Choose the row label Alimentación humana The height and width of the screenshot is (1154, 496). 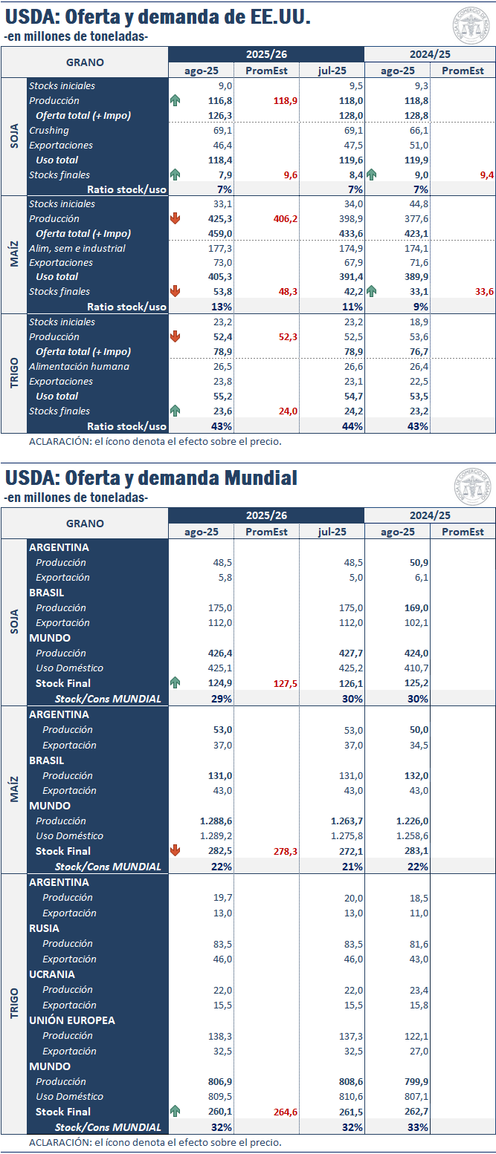[x=79, y=366]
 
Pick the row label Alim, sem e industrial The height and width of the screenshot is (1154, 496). [x=77, y=248]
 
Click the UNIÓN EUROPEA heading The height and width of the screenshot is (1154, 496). [x=72, y=1020]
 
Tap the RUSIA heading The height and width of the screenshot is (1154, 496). [x=44, y=928]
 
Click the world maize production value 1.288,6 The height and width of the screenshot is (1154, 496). [x=216, y=821]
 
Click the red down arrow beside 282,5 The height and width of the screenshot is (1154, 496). [x=175, y=851]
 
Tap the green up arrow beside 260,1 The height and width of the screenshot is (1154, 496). [x=175, y=1112]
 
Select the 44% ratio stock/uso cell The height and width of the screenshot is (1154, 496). [x=352, y=426]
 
